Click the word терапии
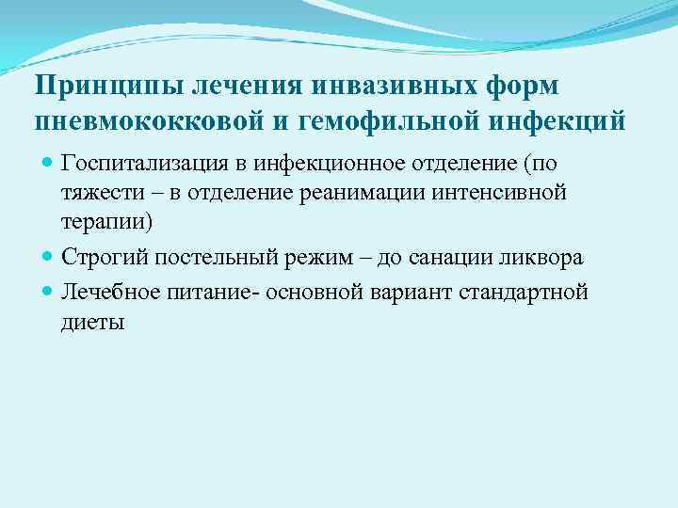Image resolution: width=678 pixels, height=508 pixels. click(102, 223)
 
